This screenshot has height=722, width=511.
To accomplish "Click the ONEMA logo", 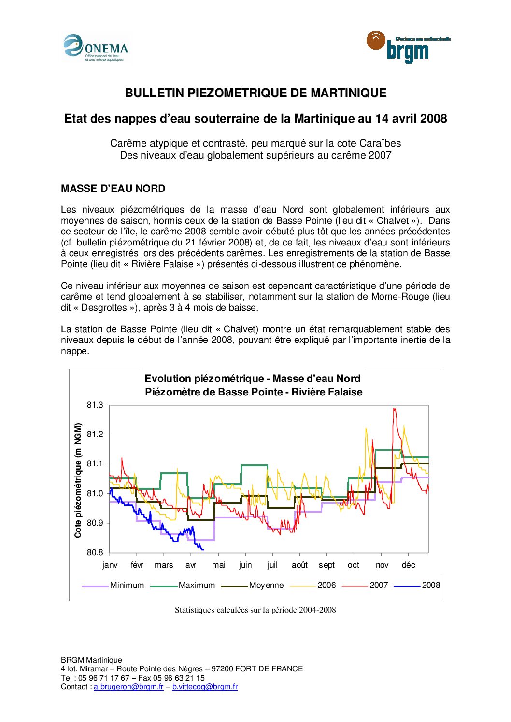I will coord(96,48).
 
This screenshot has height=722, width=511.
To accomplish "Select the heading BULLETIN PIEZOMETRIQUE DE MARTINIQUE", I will coord(255,93).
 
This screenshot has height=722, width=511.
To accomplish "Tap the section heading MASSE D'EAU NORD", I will coord(113,189).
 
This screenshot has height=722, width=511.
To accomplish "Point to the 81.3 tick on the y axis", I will coord(95,405).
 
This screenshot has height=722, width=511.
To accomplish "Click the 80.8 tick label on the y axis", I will coord(95,553).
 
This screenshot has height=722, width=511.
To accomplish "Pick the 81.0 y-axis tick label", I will coord(95,493).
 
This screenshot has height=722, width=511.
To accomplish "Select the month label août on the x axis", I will coord(299,565).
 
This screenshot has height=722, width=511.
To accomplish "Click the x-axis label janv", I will coord(110,565).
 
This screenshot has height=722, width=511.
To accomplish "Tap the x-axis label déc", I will coord(408,565).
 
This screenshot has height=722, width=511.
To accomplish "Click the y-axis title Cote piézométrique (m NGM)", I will coord(78,480).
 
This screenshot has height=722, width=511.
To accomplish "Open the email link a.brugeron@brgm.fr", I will coord(128,687).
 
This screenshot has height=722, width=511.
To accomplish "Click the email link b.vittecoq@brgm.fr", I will coord(205,687).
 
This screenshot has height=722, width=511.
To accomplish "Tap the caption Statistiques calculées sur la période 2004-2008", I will coord(255,610).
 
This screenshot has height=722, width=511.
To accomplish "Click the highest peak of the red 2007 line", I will coord(394,409).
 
